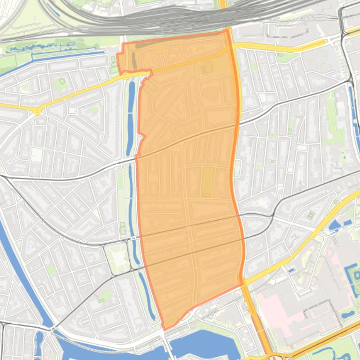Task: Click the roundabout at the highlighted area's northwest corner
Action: [125, 75]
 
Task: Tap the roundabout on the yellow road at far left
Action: [37, 111]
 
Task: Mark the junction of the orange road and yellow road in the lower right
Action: [243, 283]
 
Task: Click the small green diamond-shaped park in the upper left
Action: [61, 83]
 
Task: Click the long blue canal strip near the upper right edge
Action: [354, 117]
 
